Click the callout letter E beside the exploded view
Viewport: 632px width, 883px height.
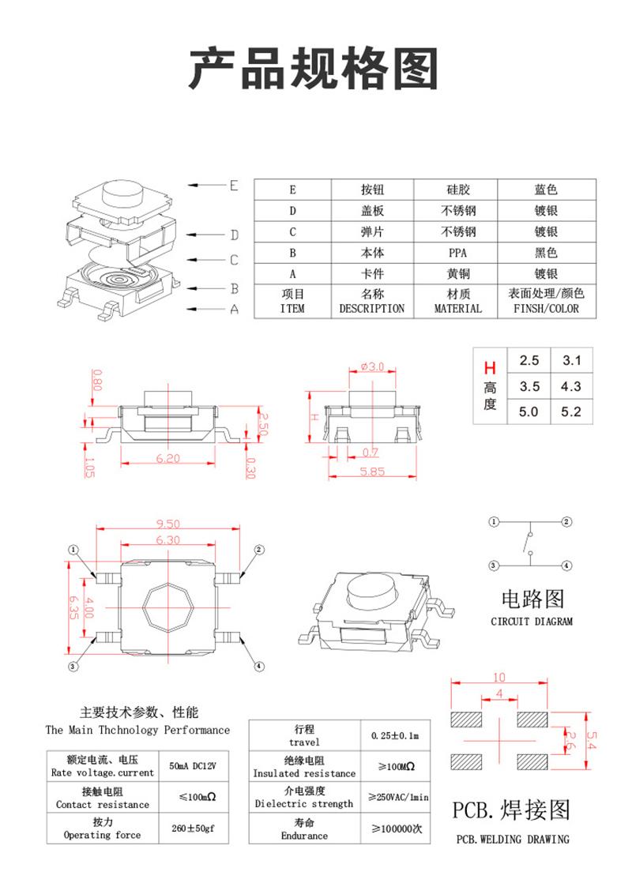pyautogui.click(x=233, y=186)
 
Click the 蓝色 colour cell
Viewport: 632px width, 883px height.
pyautogui.click(x=545, y=190)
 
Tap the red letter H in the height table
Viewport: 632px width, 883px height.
pyautogui.click(x=490, y=368)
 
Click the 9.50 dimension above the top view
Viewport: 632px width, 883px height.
pyautogui.click(x=169, y=524)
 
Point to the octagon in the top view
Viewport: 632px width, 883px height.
pyautogui.click(x=168, y=608)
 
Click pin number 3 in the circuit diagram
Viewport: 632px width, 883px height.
pyautogui.click(x=494, y=565)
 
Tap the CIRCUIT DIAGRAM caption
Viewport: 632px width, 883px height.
pyautogui.click(x=532, y=621)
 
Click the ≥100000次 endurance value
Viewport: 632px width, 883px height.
pyautogui.click(x=397, y=829)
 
